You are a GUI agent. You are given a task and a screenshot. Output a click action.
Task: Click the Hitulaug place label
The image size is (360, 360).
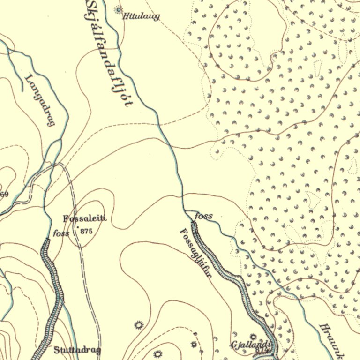pyautogui.click(x=141, y=17)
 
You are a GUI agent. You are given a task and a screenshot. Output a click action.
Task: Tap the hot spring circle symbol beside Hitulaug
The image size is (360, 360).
pyautogui.click(x=118, y=9)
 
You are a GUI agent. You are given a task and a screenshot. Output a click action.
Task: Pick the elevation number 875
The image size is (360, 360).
pyautogui.click(x=87, y=231)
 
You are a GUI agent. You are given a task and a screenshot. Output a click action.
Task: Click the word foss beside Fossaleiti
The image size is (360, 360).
pyautogui.click(x=62, y=233)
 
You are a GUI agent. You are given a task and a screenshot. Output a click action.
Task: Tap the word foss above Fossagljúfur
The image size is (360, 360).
pyautogui.click(x=203, y=216)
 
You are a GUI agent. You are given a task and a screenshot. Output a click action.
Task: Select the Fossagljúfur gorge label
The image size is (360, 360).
pyautogui.click(x=196, y=253)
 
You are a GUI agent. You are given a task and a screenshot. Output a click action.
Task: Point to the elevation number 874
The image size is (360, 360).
pyautogui.click(x=261, y=351)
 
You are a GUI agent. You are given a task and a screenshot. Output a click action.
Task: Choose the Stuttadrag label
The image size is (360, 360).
pyautogui.click(x=77, y=350)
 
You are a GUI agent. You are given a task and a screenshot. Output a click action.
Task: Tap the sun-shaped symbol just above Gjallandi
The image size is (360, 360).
pyautogui.click(x=254, y=337)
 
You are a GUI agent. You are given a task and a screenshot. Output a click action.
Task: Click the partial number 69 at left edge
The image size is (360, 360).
pyautogui.click(x=4, y=194)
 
